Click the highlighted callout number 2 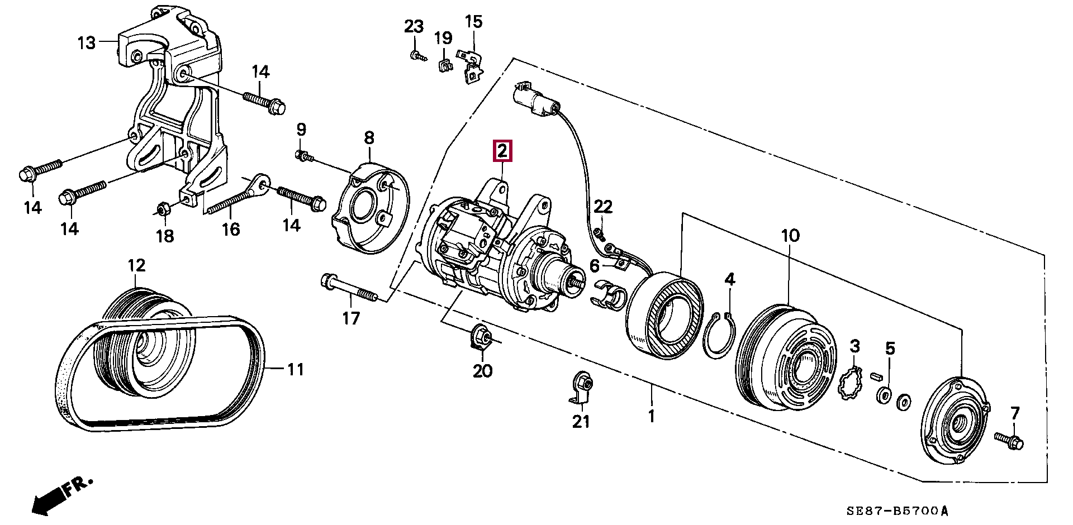tap(502, 151)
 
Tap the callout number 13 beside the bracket tap(87, 42)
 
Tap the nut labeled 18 tap(162, 210)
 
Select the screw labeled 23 tap(416, 55)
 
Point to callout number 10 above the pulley tap(790, 236)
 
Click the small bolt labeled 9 tap(305, 157)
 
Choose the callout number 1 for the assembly tap(651, 416)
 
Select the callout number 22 tap(603, 207)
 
